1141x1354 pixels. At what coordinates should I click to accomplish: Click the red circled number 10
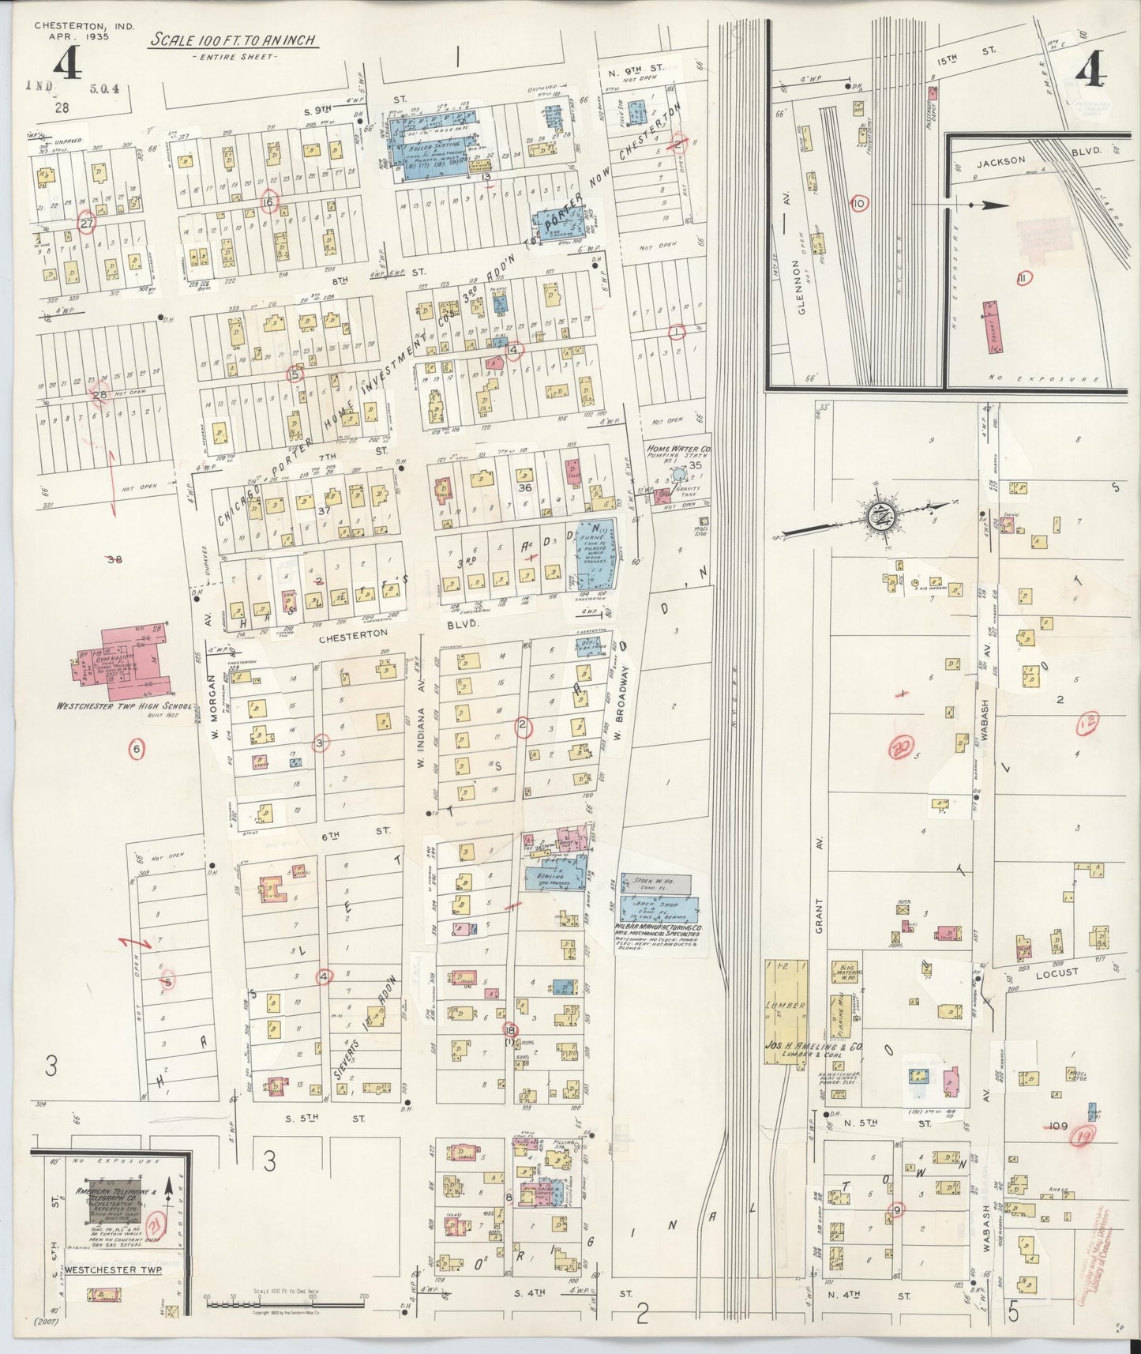860,204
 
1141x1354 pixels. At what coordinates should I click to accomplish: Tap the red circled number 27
87,224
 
